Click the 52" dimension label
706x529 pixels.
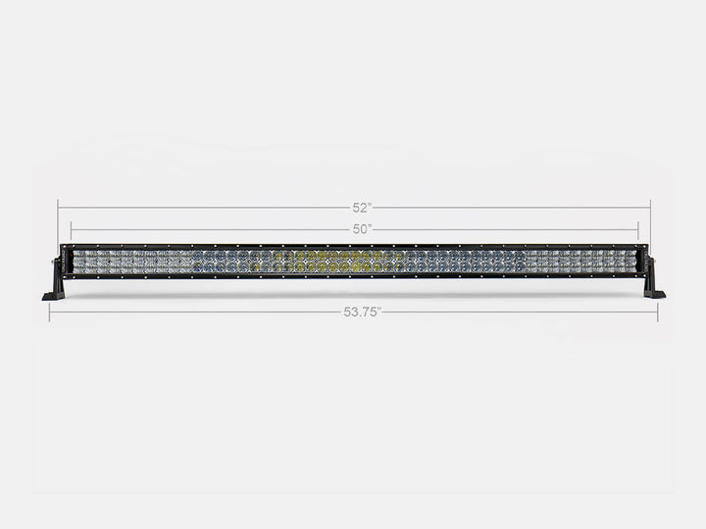[362, 207]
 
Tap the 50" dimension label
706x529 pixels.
[362, 229]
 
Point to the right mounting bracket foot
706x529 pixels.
[654, 292]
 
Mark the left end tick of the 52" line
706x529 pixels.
[58, 207]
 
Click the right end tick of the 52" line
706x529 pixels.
[650, 207]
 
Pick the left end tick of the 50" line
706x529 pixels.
[72, 229]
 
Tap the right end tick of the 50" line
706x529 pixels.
[637, 229]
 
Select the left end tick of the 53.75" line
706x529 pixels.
[50, 312]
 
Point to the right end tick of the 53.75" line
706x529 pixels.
[657, 312]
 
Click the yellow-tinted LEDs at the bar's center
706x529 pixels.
[328, 262]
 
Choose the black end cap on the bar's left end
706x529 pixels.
[65, 262]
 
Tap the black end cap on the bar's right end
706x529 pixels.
[642, 262]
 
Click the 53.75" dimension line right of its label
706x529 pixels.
[520, 312]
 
